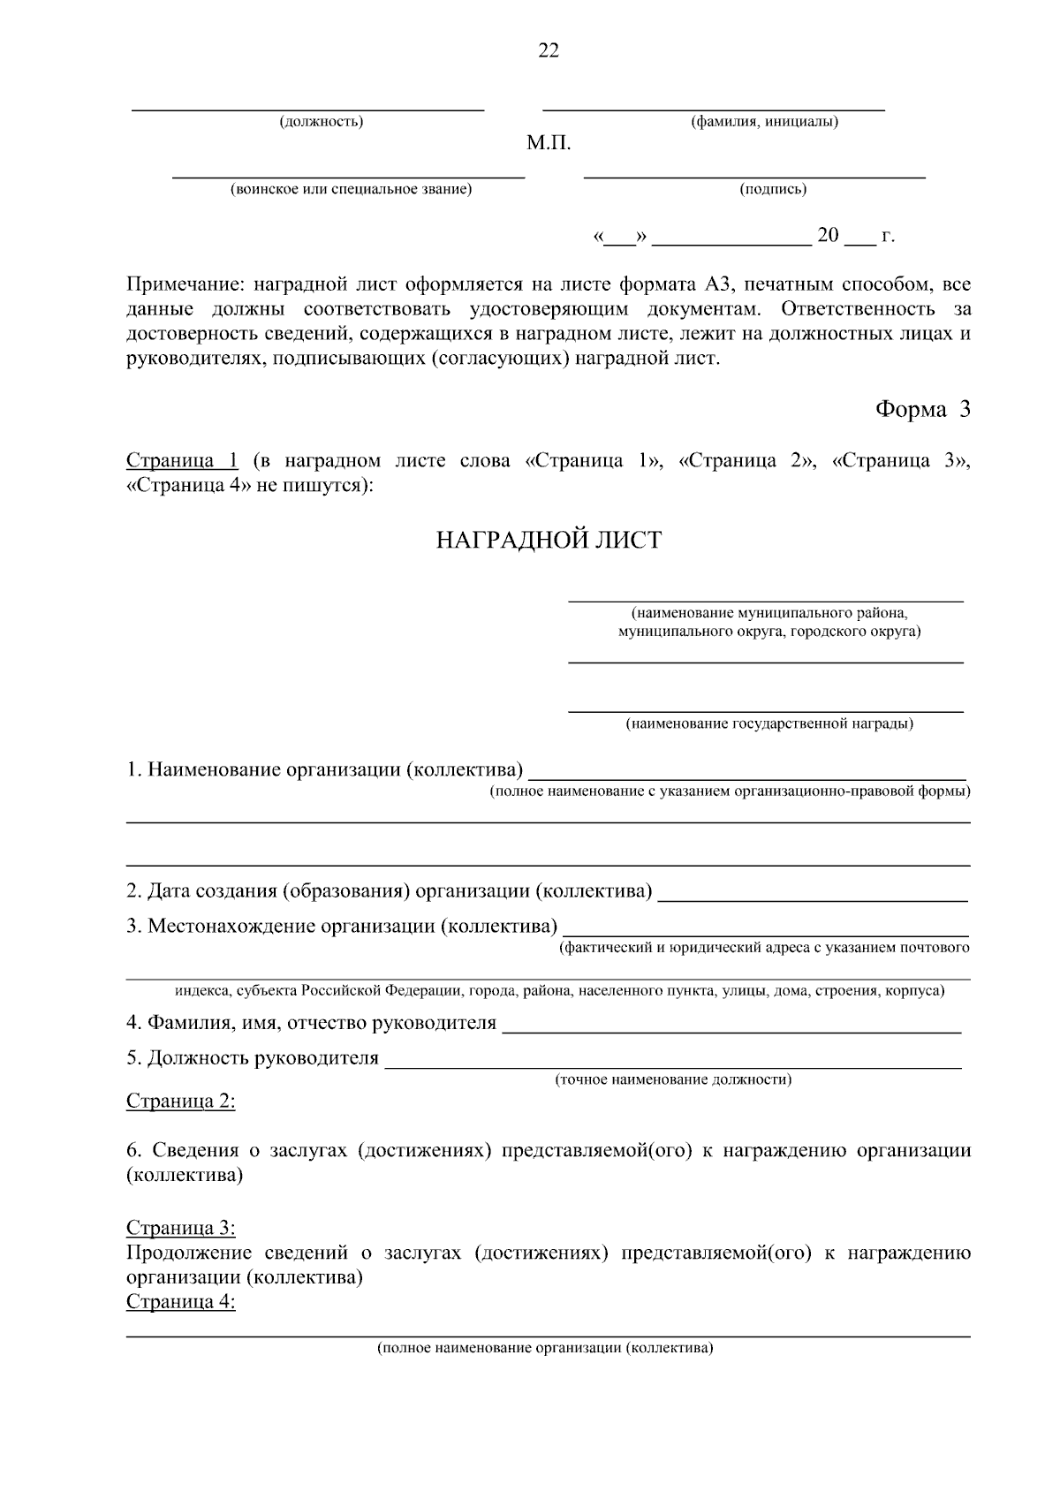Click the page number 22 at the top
tap(549, 51)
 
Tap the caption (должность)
tap(321, 122)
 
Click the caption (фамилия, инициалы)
tap(764, 122)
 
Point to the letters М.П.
tap(549, 143)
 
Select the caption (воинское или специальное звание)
tap(351, 189)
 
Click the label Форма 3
tap(922, 410)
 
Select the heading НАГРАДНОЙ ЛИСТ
tap(549, 541)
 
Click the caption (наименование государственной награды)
tap(769, 724)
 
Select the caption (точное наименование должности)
tap(673, 1079)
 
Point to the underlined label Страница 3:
tap(181, 1228)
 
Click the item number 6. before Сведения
tap(134, 1150)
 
